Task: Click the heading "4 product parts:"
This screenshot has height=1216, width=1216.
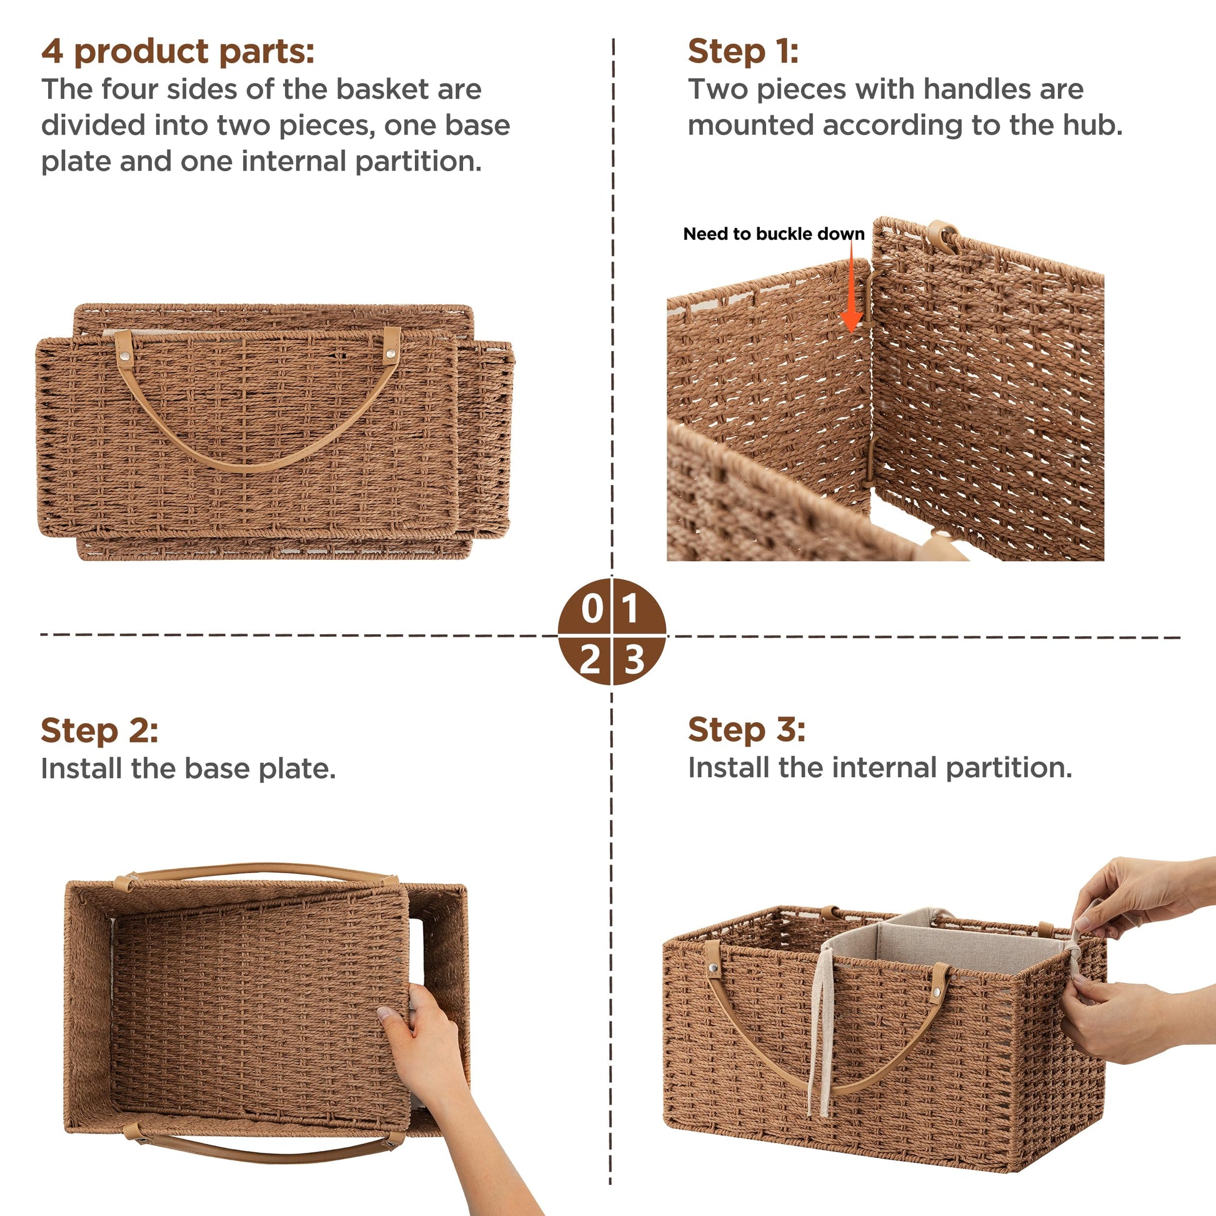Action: pyautogui.click(x=177, y=52)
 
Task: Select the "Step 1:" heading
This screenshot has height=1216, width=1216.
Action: pyautogui.click(x=743, y=51)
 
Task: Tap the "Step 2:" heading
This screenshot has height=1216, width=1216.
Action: pyautogui.click(x=99, y=730)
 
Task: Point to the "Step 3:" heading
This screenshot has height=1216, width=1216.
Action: pyautogui.click(x=747, y=729)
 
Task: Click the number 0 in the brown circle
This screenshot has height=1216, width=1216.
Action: pyautogui.click(x=592, y=609)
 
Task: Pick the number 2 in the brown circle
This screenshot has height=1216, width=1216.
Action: pyautogui.click(x=590, y=660)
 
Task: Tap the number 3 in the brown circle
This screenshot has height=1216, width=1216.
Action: pyautogui.click(x=634, y=660)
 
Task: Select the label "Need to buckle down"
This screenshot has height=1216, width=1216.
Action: pyautogui.click(x=774, y=234)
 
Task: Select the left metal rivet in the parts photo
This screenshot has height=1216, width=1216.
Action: pyautogui.click(x=126, y=357)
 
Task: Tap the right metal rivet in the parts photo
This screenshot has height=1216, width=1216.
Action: pyautogui.click(x=391, y=355)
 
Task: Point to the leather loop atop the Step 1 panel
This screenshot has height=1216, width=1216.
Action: pyautogui.click(x=942, y=236)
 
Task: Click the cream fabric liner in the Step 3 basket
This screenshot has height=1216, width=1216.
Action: pyautogui.click(x=944, y=944)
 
